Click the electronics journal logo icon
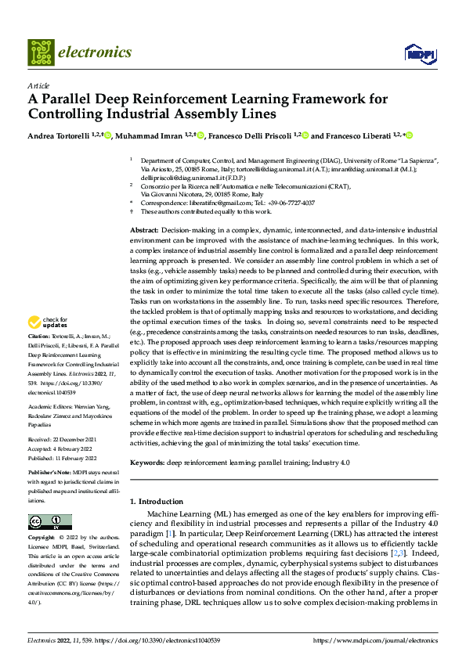tap(42, 53)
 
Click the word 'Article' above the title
tap(38, 85)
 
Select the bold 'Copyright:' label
tap(42, 538)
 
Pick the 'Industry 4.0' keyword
tap(331, 464)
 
